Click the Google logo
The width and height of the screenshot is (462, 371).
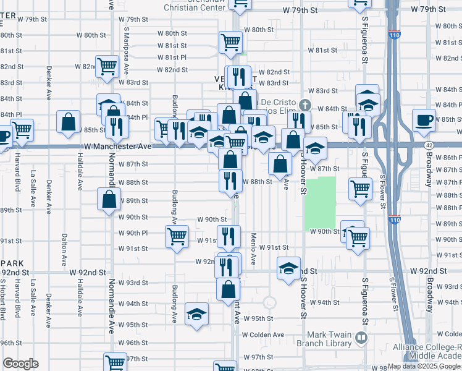[20, 364]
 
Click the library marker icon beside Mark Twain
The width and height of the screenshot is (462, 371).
[361, 338]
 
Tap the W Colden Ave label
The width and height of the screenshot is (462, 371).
[263, 335]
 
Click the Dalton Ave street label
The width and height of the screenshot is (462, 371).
[64, 245]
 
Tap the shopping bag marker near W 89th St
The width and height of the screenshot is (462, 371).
[109, 200]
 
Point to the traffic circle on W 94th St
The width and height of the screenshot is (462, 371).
[269, 303]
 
